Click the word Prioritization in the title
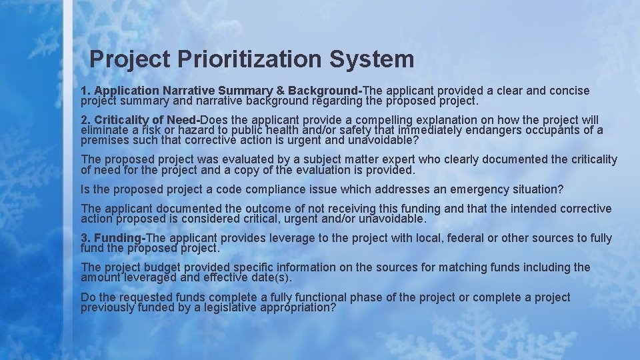(249, 59)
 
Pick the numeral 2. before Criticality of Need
(85, 119)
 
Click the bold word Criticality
(121, 119)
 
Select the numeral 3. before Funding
(85, 238)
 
